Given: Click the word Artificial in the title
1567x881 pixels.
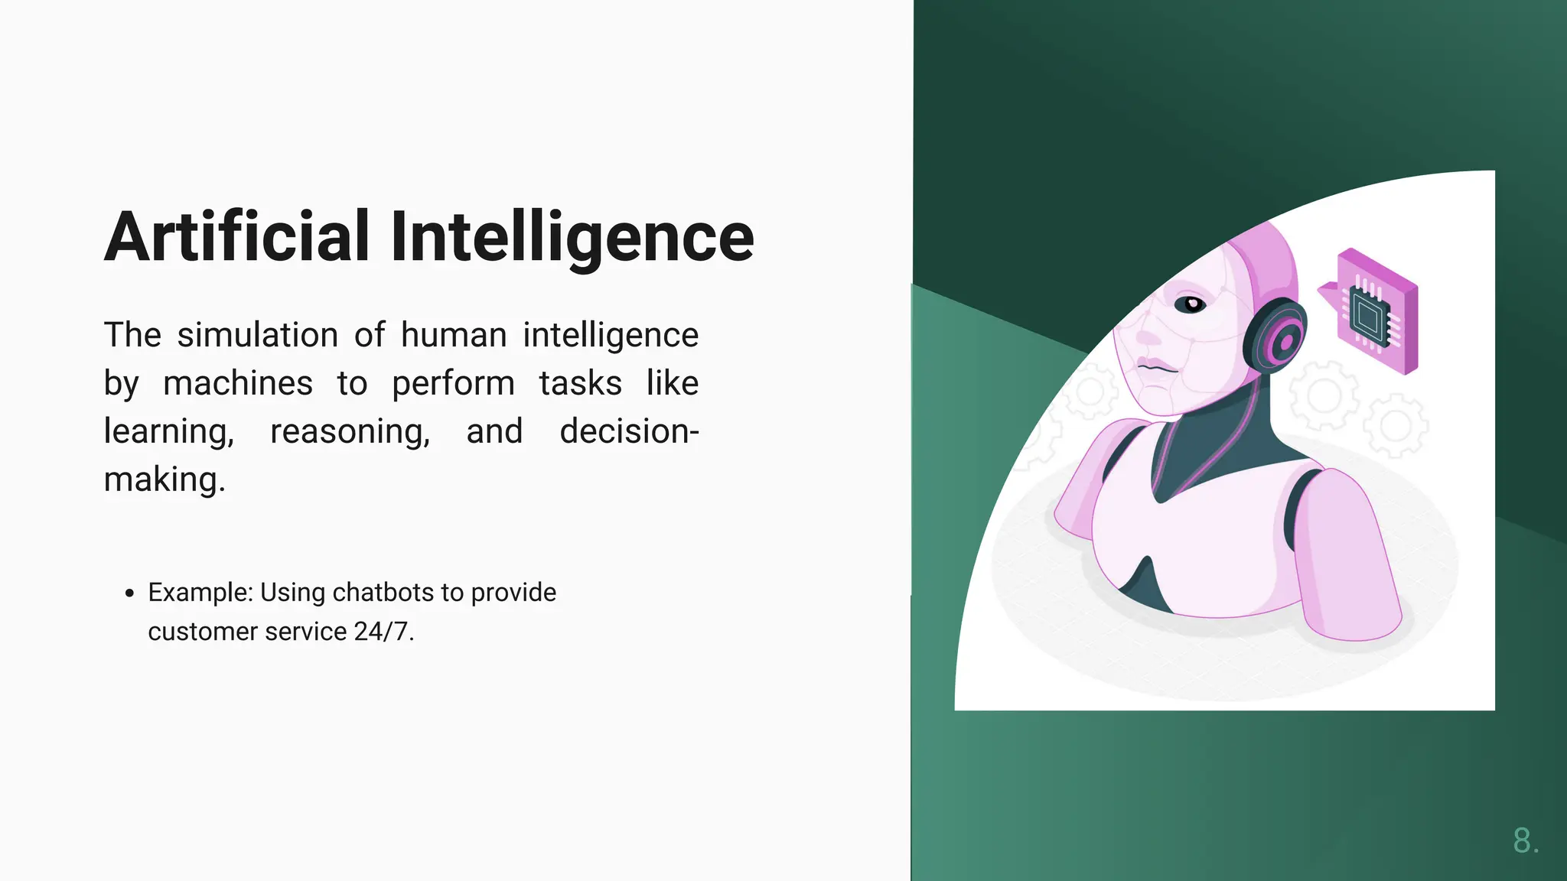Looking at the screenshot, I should pos(237,237).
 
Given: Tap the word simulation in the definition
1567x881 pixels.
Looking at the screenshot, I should pos(258,335).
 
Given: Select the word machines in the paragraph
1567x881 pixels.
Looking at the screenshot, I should pos(238,383).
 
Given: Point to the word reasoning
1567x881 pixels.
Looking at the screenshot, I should pos(350,432).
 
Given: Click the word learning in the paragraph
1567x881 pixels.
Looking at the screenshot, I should pos(168,432).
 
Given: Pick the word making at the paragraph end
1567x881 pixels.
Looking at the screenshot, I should pos(164,480).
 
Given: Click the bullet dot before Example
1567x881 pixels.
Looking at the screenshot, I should pos(129,593).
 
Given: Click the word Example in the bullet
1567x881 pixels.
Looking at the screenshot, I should pos(200,593).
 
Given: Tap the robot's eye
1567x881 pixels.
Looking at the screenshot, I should pos(1191,304).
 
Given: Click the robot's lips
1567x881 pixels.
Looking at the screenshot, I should pos(1155,366).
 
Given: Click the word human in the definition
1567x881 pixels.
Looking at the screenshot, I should pos(454,335).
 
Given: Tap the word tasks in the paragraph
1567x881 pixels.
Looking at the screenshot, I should pos(580,383).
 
